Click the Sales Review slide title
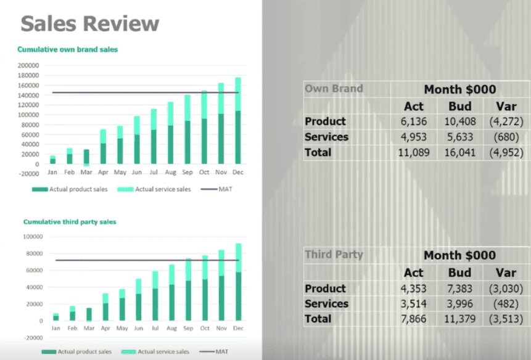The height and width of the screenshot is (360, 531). point(90,23)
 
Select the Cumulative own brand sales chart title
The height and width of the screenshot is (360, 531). point(67,49)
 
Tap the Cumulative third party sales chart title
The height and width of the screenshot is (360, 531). point(70,222)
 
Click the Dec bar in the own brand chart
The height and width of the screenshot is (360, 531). point(237,120)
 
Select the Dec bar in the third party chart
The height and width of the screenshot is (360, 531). point(239,282)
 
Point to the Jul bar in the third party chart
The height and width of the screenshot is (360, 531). point(155,296)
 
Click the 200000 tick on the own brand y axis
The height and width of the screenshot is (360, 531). point(28,65)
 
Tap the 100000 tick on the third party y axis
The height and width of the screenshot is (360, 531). point(33,237)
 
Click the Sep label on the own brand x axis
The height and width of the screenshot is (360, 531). point(187,172)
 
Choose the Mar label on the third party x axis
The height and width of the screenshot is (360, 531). point(89,328)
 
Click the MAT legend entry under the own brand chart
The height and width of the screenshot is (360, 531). point(216,189)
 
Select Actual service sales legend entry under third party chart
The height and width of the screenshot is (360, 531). point(155,352)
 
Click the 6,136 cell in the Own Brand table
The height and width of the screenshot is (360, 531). point(413,121)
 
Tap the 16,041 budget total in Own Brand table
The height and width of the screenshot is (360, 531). point(460,153)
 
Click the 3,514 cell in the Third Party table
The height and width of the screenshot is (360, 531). point(413,304)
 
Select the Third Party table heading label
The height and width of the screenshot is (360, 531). point(334,255)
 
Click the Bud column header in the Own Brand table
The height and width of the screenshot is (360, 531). point(460,106)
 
